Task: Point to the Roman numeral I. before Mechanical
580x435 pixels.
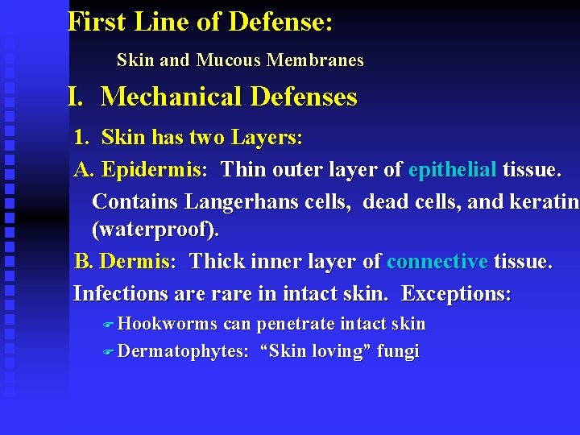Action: [77, 97]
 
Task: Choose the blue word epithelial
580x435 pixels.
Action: [453, 171]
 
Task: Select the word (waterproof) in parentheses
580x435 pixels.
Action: [155, 230]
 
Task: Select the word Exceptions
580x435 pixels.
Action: [456, 293]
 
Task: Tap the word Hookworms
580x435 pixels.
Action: [168, 324]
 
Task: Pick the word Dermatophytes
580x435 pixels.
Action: [184, 351]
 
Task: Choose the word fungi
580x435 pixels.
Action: [398, 351]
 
